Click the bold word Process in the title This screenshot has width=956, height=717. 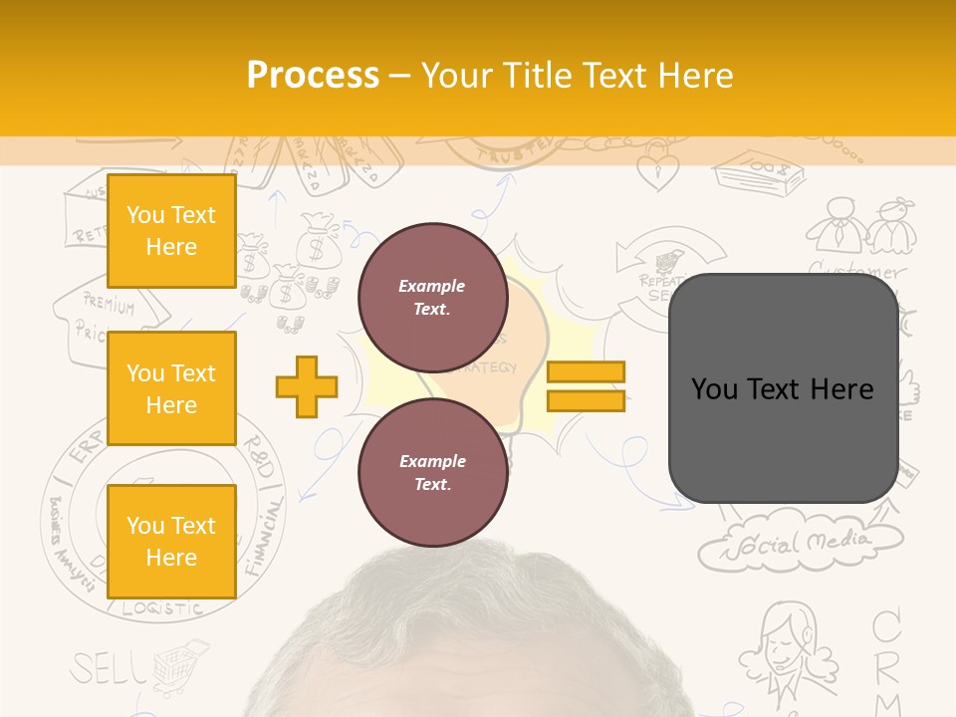click(x=313, y=76)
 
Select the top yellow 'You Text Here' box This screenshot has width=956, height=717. click(x=171, y=231)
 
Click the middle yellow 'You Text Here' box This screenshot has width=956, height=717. click(x=171, y=388)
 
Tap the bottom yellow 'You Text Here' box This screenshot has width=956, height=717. click(x=171, y=542)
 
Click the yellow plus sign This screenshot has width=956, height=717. click(x=307, y=386)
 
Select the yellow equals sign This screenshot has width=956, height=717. click(x=586, y=386)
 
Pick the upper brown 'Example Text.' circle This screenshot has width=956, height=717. click(x=432, y=298)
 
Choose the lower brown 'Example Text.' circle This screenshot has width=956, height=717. click(x=432, y=473)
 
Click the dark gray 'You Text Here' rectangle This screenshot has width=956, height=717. click(x=783, y=388)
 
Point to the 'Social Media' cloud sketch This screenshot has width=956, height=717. click(x=802, y=544)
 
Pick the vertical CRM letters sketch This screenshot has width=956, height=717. click(x=886, y=657)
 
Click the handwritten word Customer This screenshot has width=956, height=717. click(x=856, y=270)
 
